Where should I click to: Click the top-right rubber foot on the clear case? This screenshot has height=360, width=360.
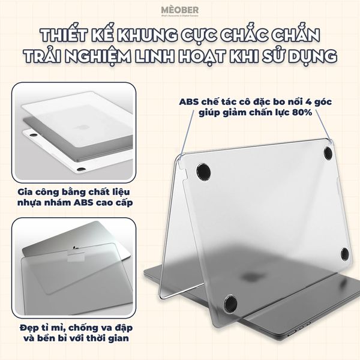[328, 154]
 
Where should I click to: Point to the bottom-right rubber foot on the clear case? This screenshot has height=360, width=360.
[343, 254]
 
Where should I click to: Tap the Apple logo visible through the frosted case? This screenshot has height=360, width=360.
[247, 279]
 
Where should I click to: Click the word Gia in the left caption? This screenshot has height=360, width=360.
[27, 191]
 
